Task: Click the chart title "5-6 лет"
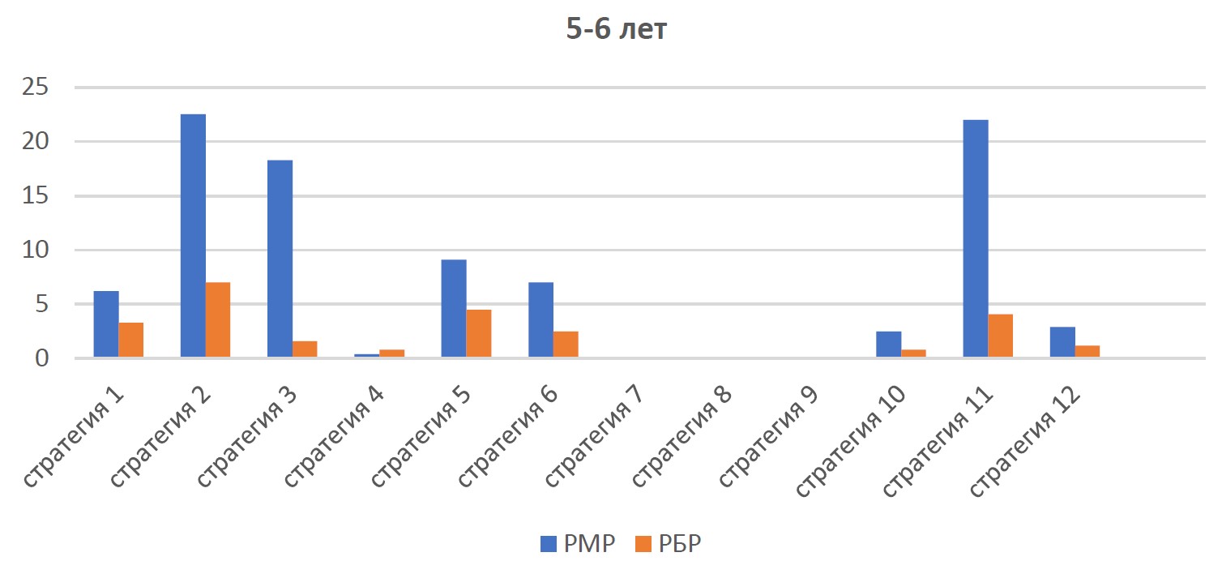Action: coord(616,28)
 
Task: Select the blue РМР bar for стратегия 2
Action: coord(193,236)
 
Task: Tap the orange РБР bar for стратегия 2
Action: coord(218,319)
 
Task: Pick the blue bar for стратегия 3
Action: coord(280,259)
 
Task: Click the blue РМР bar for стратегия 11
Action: coord(976,238)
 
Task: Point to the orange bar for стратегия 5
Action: coord(478,333)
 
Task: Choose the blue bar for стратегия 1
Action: coord(106,324)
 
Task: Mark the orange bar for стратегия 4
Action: coord(391,353)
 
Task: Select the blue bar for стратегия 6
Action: coord(540,319)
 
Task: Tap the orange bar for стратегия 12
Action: coord(1087,352)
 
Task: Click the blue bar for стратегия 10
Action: coord(889,345)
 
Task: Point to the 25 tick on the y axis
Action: coord(35,87)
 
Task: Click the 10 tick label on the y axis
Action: coord(35,250)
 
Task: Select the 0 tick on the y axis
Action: coord(42,358)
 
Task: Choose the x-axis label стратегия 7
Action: coord(594,437)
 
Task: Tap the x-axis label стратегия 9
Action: coord(768,437)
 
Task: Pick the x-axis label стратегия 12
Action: coord(1024,442)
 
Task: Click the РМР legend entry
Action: coord(578,543)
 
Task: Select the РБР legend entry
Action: coord(669,543)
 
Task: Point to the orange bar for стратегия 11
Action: coord(1001,336)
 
